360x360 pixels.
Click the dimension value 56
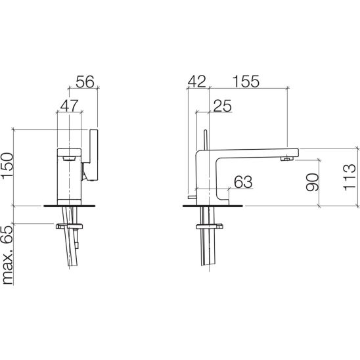(85, 81)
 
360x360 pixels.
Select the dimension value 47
(70, 106)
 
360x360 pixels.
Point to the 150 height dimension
(7, 165)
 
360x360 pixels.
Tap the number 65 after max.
(7, 235)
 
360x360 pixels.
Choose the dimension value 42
(197, 81)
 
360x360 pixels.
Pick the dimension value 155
(246, 81)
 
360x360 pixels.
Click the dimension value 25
(223, 106)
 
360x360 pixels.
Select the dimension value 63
(243, 182)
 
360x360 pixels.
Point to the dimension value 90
(312, 182)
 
